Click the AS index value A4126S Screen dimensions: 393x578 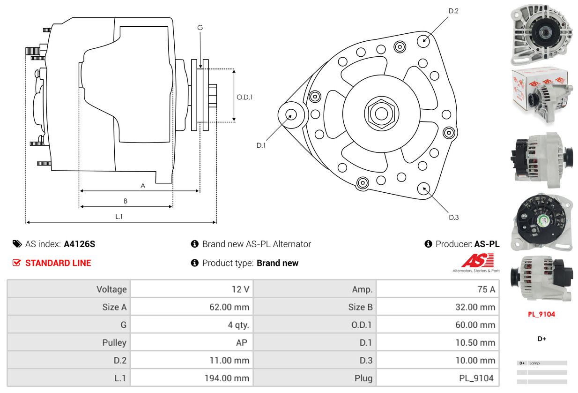coord(79,244)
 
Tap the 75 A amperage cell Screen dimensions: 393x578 coord(486,289)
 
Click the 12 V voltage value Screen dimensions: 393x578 coord(240,289)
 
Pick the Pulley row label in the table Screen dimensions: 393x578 coord(114,343)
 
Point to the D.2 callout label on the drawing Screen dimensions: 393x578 coord(453,11)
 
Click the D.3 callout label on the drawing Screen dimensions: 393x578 coord(453,217)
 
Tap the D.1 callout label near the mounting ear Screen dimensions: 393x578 coord(261,145)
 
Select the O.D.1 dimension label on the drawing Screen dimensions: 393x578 coord(245,97)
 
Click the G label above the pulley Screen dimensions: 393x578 coord(200,28)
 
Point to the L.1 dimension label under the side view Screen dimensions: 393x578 coord(119,216)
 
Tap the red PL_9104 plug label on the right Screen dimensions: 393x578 coord(541,314)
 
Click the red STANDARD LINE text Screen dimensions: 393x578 coord(58,263)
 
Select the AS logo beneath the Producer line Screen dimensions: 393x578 coord(477,262)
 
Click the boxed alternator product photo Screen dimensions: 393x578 coord(541,96)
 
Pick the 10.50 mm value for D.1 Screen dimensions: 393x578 coord(475,343)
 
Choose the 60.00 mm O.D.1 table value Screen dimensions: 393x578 coord(475,325)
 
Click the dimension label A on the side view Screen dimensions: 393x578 coord(143,186)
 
